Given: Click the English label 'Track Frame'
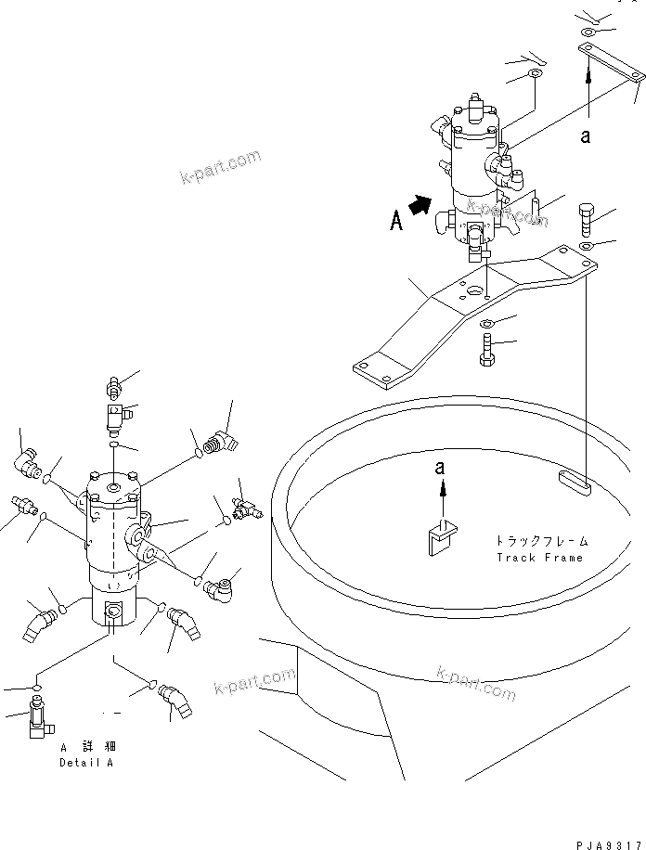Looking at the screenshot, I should (539, 558).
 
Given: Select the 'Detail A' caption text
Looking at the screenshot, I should (86, 763).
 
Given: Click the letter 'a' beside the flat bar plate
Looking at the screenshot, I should (585, 135).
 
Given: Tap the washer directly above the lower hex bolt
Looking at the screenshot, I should (487, 323).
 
